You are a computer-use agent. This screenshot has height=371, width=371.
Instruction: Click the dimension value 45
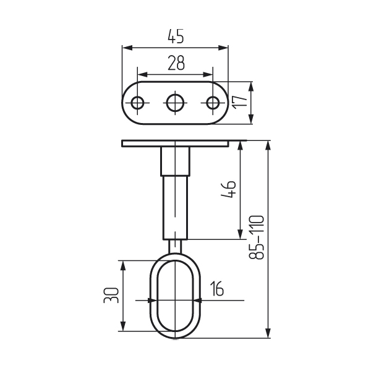[176, 36]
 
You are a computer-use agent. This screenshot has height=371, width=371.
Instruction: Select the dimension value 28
[176, 63]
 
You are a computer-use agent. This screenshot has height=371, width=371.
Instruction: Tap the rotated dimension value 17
[240, 102]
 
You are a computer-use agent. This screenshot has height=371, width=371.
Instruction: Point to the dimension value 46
[228, 189]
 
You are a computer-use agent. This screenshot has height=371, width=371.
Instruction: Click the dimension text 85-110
[257, 237]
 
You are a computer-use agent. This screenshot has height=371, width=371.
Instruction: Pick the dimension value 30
[111, 296]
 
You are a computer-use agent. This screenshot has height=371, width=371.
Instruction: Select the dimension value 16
[217, 288]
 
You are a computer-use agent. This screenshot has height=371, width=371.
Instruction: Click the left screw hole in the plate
[137, 103]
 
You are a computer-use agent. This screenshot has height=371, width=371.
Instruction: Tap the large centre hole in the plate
[176, 103]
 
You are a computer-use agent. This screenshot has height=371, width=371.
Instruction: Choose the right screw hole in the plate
[213, 103]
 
